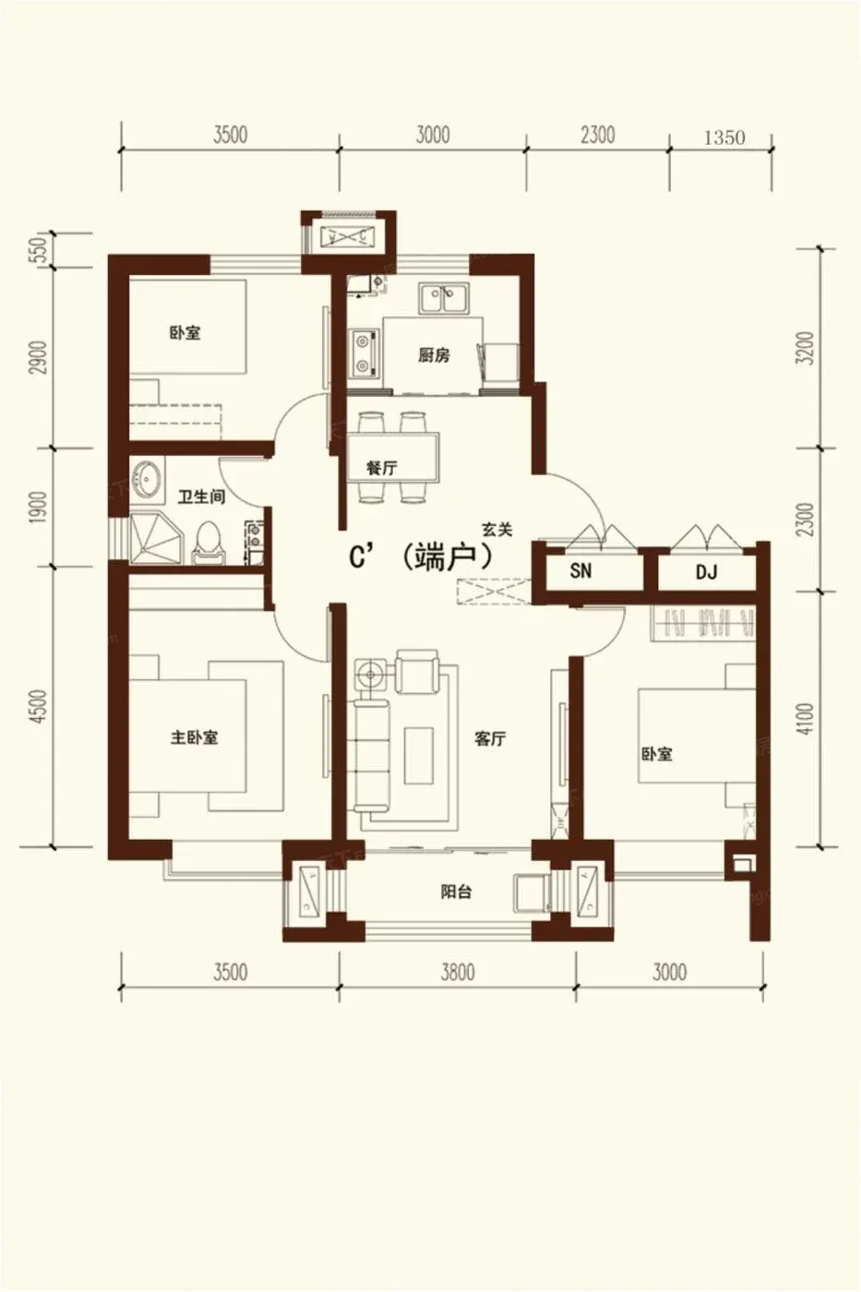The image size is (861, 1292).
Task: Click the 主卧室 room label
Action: coord(195,737)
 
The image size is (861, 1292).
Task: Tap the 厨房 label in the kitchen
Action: coord(434,355)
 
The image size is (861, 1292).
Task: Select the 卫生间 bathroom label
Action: coord(201,496)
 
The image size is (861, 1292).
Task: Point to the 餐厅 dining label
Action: coord(382,468)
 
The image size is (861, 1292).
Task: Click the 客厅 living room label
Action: coord(490,738)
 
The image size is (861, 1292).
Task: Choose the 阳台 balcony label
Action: coord(456,892)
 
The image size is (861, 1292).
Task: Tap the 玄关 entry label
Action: coord(497,530)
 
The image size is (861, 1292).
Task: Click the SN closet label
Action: coord(580,571)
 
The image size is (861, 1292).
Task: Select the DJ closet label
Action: coord(707,572)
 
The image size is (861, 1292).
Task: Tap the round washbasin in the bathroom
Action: coord(147,477)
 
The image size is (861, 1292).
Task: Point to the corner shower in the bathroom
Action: coord(153,538)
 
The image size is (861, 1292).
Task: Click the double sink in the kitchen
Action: coord(444,300)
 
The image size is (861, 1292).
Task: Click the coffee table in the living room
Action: coord(419,755)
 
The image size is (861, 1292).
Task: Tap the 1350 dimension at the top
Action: coord(724,138)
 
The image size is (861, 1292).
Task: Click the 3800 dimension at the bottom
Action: coord(458,973)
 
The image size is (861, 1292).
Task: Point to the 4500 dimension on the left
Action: coord(39,707)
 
